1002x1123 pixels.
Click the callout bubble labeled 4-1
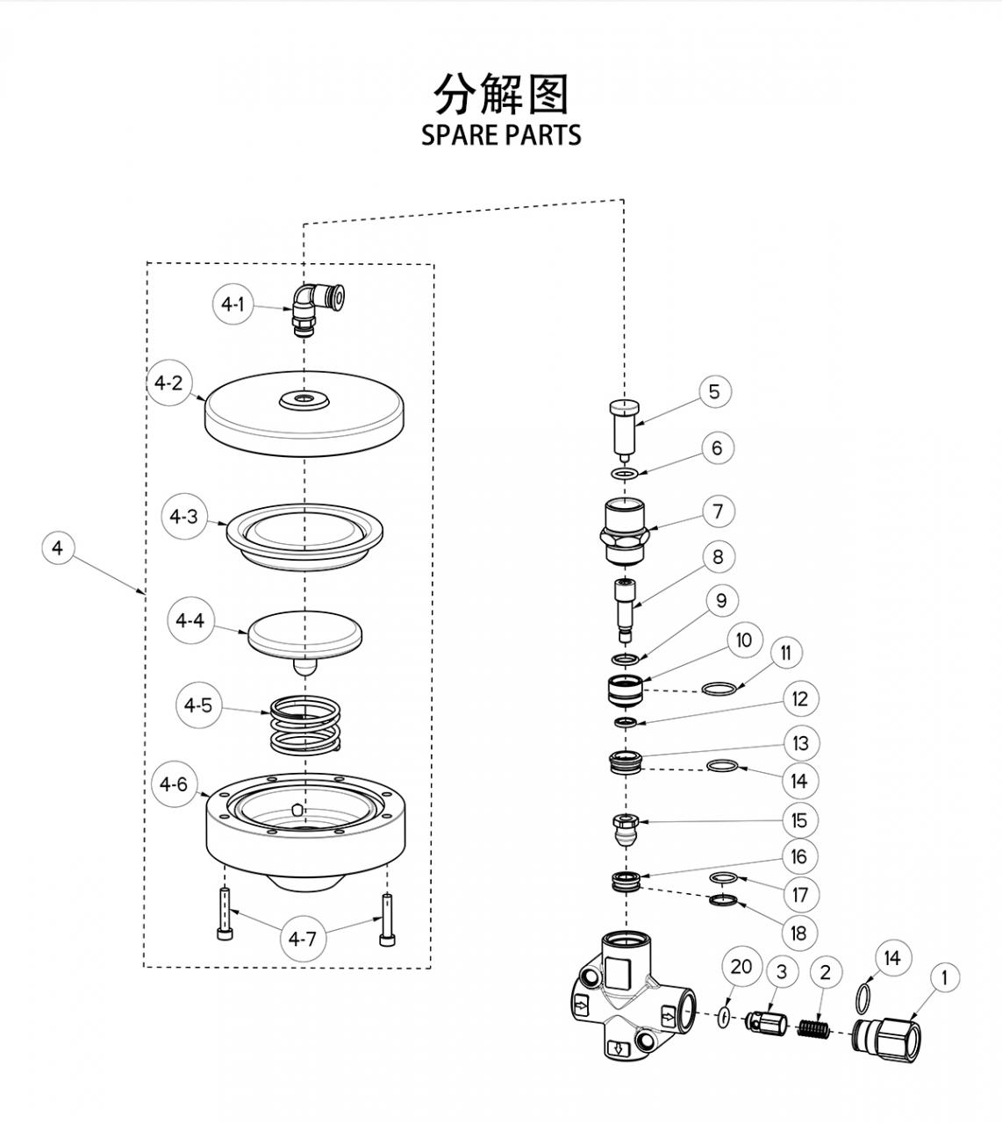(x=233, y=305)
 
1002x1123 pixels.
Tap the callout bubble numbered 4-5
(x=198, y=705)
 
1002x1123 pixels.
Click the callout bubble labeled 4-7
(x=303, y=939)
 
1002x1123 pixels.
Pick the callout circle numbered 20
(x=741, y=967)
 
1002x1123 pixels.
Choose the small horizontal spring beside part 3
(x=813, y=1027)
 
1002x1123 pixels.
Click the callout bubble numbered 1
(x=944, y=976)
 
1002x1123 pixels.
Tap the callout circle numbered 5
(x=714, y=391)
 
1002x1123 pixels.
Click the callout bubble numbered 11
(x=785, y=653)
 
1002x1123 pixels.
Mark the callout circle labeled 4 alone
(x=58, y=549)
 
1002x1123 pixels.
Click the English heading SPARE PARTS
(x=501, y=135)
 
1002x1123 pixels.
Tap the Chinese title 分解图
(x=501, y=94)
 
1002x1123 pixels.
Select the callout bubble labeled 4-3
(x=184, y=517)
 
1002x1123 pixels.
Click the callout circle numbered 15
(x=799, y=820)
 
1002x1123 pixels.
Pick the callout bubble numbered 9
(x=721, y=601)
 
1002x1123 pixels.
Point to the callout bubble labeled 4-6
(x=173, y=784)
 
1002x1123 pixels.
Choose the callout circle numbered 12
(x=799, y=699)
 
